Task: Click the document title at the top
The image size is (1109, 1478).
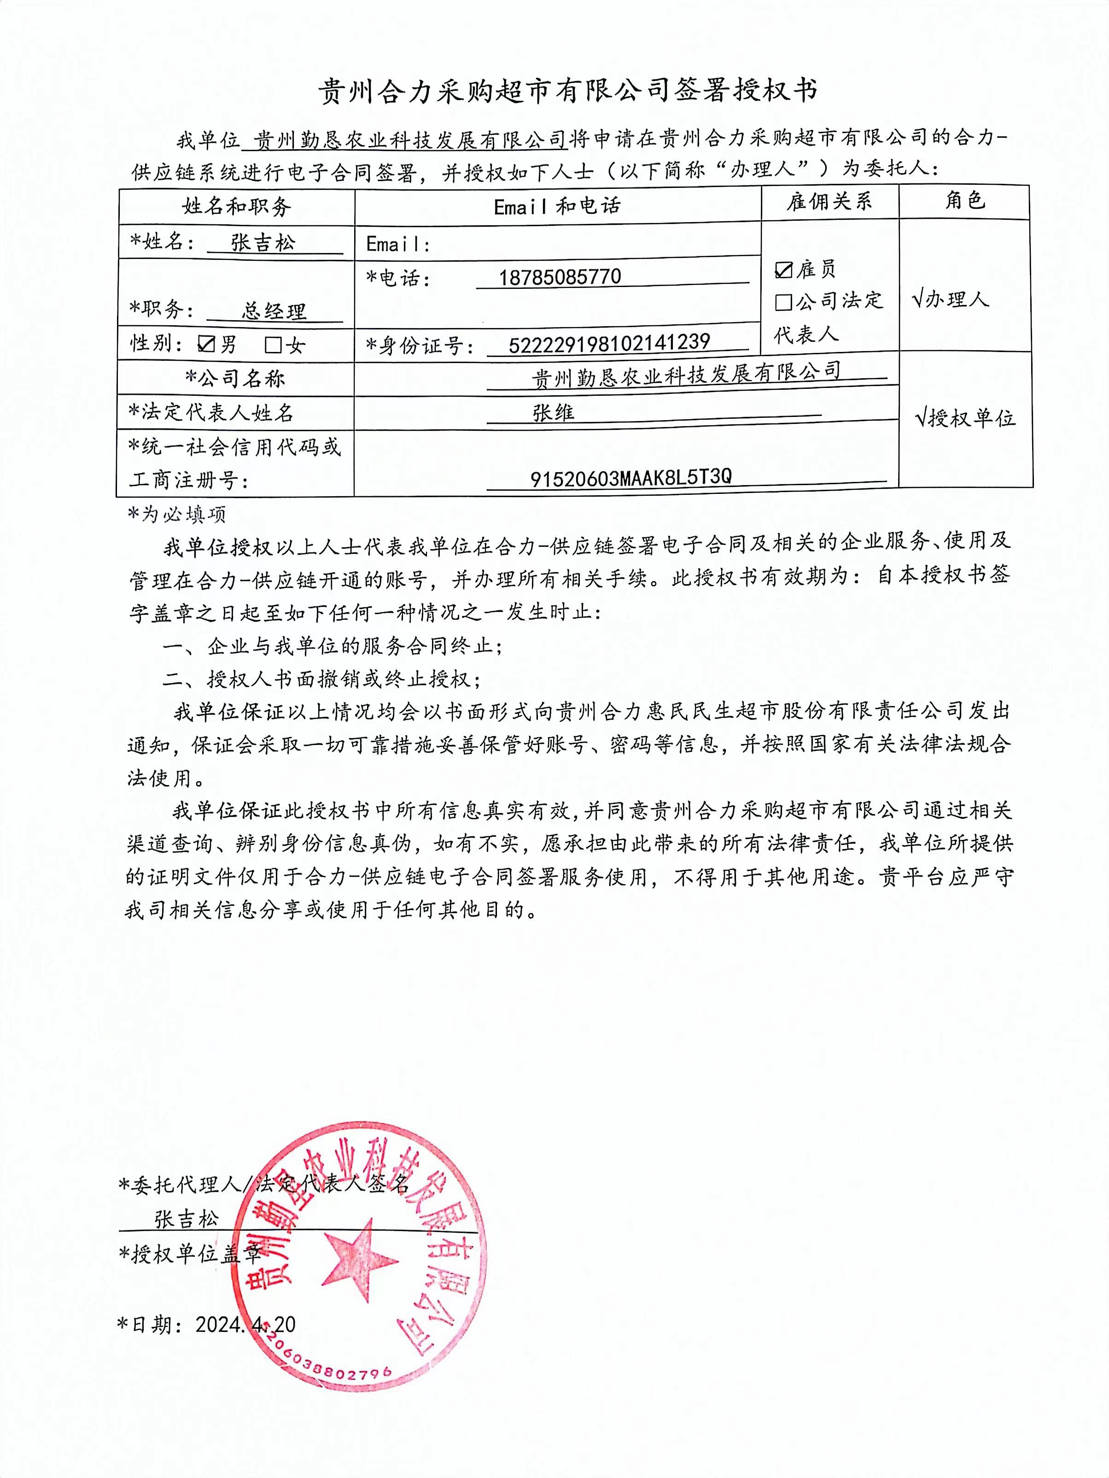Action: click(x=567, y=91)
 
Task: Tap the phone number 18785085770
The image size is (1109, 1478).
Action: click(x=560, y=276)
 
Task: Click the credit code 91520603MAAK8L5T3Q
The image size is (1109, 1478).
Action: click(x=630, y=477)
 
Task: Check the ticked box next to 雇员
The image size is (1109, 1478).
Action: click(x=783, y=269)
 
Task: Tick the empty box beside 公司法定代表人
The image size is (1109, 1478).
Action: click(x=783, y=303)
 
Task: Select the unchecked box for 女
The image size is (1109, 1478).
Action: click(x=273, y=345)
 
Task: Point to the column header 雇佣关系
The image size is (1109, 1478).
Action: click(x=829, y=202)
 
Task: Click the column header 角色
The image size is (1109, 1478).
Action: click(x=965, y=200)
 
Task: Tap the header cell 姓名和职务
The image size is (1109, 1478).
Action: click(x=237, y=206)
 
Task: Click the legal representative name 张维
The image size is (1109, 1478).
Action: click(x=553, y=413)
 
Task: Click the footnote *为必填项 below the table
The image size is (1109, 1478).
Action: click(x=177, y=514)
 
